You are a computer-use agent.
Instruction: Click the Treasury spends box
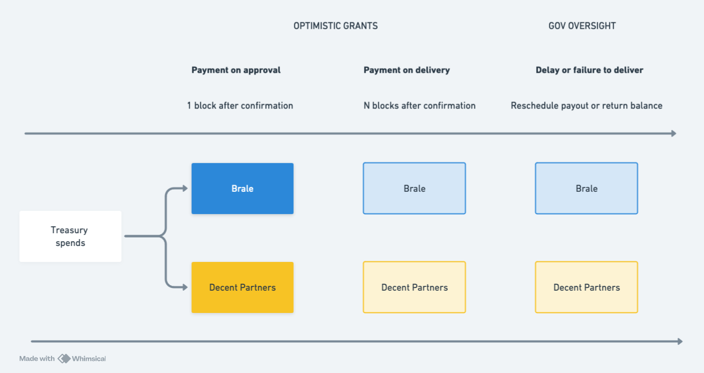pyautogui.click(x=70, y=236)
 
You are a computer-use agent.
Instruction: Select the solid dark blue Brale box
pyautogui.click(x=242, y=189)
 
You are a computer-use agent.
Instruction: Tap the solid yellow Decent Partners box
pyautogui.click(x=242, y=287)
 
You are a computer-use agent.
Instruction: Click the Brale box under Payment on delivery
pyautogui.click(x=414, y=189)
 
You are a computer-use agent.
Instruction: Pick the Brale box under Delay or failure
pyautogui.click(x=587, y=189)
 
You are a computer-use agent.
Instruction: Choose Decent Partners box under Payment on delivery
pyautogui.click(x=414, y=287)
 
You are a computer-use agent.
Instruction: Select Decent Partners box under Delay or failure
pyautogui.click(x=587, y=287)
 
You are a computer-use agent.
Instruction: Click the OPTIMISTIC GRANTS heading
pyautogui.click(x=335, y=26)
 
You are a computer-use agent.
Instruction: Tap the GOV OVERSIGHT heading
pyautogui.click(x=582, y=26)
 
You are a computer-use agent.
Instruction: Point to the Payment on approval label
pyautogui.click(x=236, y=70)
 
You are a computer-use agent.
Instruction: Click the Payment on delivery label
pyautogui.click(x=406, y=70)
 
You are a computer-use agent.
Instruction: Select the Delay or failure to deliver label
pyautogui.click(x=589, y=70)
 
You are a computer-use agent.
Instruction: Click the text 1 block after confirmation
pyautogui.click(x=240, y=106)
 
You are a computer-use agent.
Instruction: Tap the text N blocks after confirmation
pyautogui.click(x=419, y=106)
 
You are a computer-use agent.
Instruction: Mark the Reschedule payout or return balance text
pyautogui.click(x=587, y=106)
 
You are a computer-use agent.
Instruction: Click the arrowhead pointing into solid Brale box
pyautogui.click(x=185, y=188)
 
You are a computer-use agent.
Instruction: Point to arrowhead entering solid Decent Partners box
pyautogui.click(x=185, y=287)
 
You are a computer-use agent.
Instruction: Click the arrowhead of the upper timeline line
pyautogui.click(x=674, y=133)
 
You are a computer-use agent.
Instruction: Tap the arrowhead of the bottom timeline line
pyautogui.click(x=680, y=342)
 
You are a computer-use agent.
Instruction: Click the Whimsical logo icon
pyautogui.click(x=64, y=359)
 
